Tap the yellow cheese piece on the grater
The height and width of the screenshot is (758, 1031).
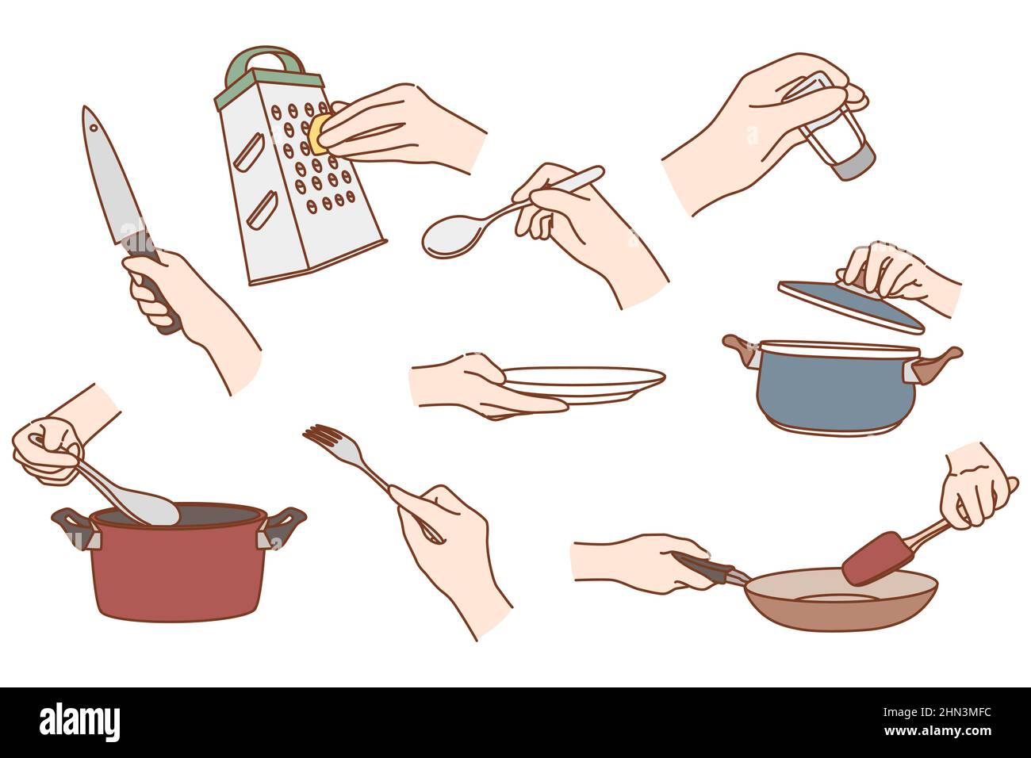point(320,133)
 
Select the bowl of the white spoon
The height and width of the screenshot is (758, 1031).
point(451,235)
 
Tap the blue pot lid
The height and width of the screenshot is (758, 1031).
point(849,305)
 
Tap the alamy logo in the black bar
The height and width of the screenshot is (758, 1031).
point(79,722)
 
